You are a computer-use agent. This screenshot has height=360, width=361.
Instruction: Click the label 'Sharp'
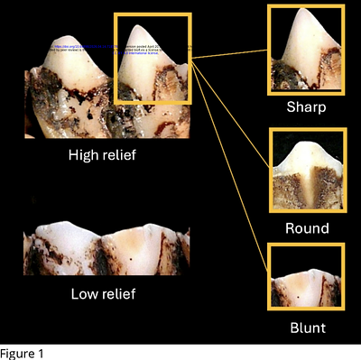click(306, 106)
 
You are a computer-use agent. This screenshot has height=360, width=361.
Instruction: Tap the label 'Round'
click(307, 228)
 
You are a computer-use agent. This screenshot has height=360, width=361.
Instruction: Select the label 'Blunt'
click(306, 328)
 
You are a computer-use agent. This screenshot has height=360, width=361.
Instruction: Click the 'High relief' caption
click(107, 154)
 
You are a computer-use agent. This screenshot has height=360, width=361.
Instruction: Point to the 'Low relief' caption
click(107, 294)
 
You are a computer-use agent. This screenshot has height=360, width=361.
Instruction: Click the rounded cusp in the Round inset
click(307, 146)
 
